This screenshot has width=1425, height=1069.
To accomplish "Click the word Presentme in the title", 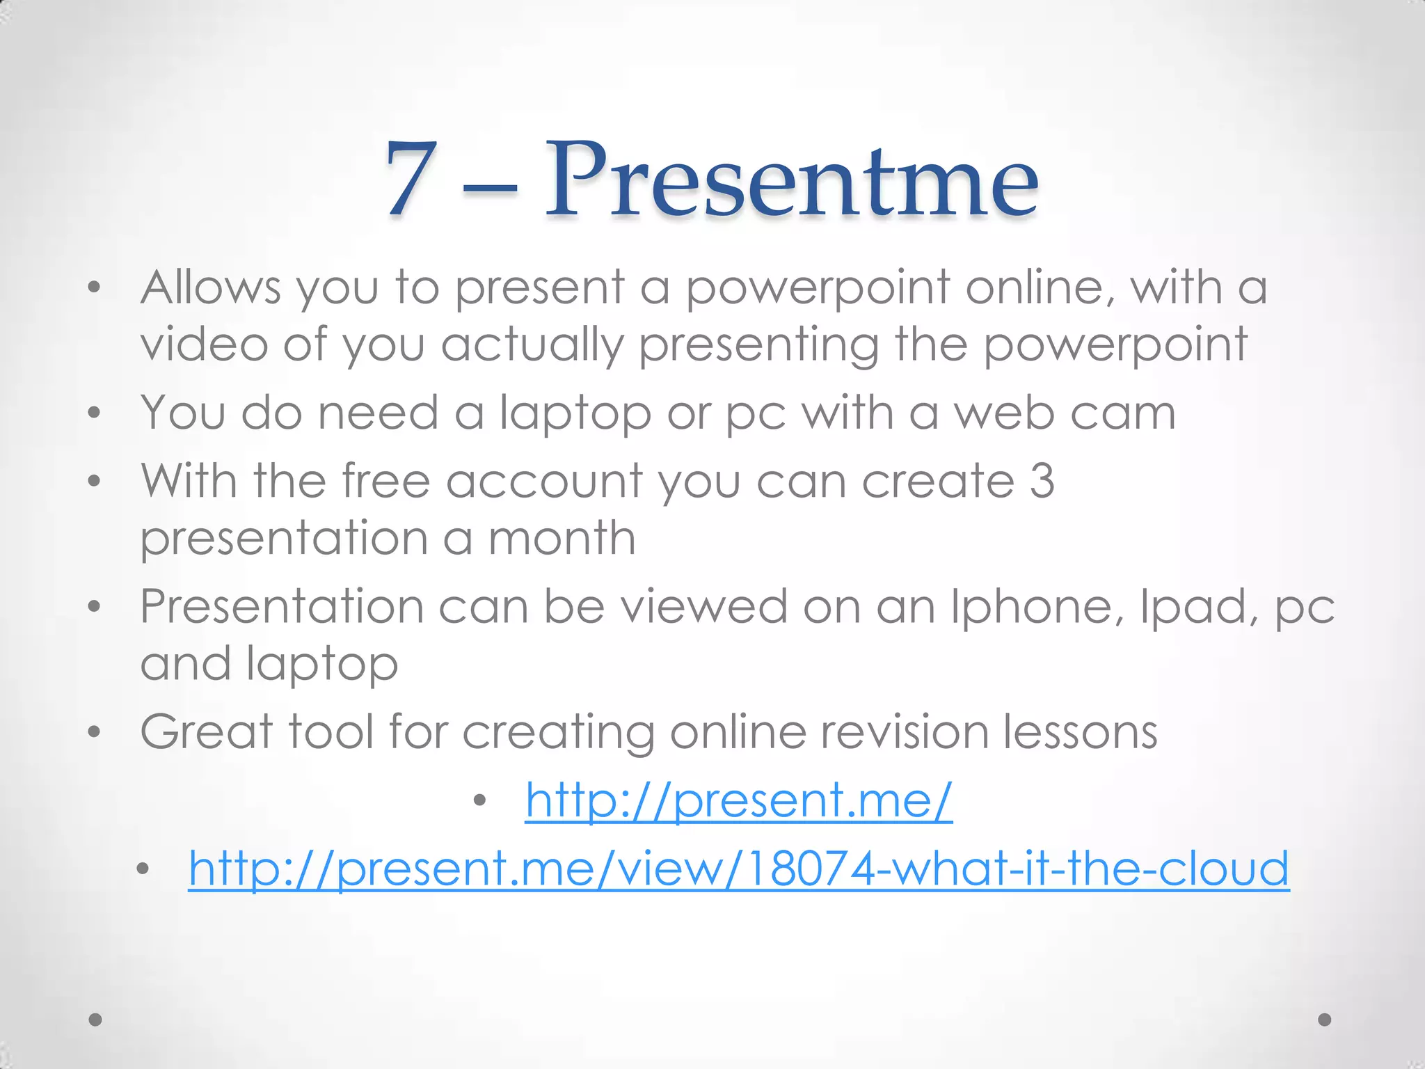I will (x=792, y=179).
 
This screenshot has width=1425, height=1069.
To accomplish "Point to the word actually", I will (x=532, y=345).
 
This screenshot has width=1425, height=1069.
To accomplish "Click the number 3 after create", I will (x=1042, y=481).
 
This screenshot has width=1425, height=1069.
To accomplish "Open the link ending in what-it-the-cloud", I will (x=738, y=869).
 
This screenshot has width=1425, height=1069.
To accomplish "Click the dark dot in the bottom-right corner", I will (x=1325, y=1020).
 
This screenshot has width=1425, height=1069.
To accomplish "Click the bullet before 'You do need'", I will (x=95, y=413).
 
